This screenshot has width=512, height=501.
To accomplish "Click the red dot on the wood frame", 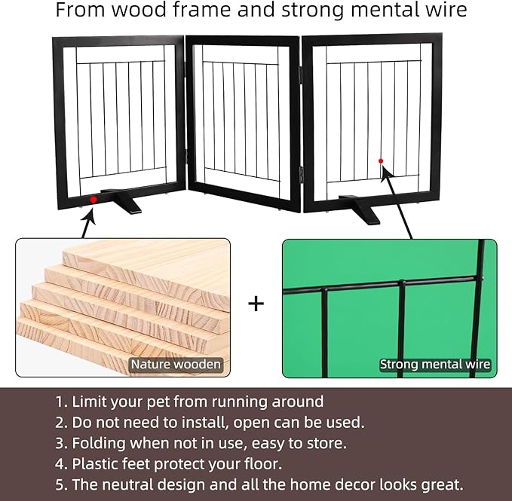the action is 94,200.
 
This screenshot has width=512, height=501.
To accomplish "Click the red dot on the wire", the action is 381,161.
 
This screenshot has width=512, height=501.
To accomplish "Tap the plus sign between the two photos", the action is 256,304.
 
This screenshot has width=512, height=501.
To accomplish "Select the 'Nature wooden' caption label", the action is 176,365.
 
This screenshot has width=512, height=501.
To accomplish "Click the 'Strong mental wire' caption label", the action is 435,365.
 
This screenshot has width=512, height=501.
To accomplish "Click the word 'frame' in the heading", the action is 203,10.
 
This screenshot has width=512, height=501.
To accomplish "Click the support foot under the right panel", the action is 360,209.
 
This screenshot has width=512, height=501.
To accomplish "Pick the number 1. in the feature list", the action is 61,402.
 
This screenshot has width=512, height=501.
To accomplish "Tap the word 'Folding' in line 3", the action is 99,444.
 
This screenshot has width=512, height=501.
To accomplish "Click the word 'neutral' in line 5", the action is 155,484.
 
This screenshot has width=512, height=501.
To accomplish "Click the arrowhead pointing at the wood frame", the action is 90,215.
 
